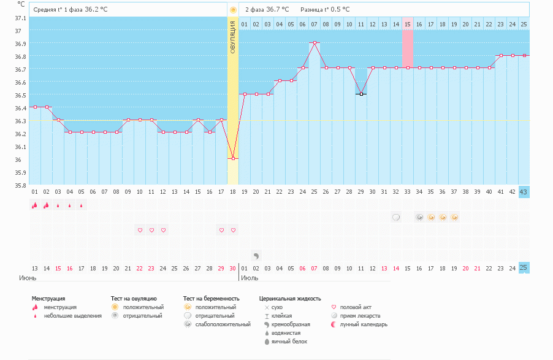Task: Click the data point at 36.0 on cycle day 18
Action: [x=233, y=159]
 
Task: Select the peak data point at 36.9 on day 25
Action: [x=314, y=43]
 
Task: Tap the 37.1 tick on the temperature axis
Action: [x=21, y=18]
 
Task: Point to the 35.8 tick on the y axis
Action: [x=21, y=185]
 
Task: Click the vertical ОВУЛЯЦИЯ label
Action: [x=233, y=37]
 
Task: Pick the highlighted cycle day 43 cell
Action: [x=524, y=192]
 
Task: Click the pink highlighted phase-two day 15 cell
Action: [x=407, y=24]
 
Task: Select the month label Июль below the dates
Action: [x=249, y=278]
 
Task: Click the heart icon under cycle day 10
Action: [x=140, y=230]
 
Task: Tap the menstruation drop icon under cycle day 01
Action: [x=35, y=205]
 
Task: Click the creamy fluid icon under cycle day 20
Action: [x=256, y=255]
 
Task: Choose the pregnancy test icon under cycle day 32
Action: [x=396, y=217]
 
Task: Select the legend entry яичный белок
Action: [x=285, y=341]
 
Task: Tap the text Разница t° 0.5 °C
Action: [x=325, y=10]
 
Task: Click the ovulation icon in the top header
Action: [x=233, y=10]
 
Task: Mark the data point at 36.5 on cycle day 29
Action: [x=361, y=94]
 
